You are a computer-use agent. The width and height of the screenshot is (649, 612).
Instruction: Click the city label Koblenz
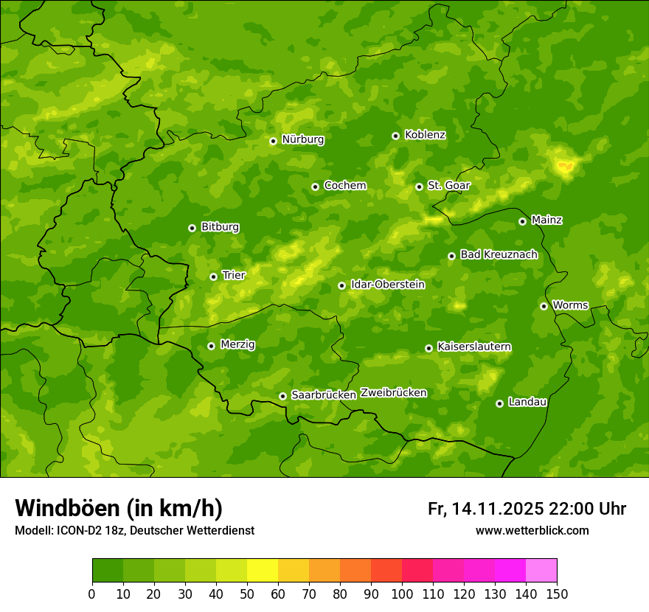point(425,135)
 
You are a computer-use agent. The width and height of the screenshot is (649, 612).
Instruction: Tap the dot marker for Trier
point(213,277)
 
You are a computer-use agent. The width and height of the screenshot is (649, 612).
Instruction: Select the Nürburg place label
point(302,139)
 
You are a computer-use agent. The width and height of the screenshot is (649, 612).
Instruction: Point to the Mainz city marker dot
point(522,221)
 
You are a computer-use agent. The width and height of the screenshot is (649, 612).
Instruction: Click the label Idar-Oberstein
point(387,284)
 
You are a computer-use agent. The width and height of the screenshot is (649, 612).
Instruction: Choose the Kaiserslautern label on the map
point(474,347)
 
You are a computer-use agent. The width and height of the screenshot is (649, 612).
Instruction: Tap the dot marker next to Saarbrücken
point(282,396)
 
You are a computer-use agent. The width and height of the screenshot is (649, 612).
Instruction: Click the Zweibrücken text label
point(393,393)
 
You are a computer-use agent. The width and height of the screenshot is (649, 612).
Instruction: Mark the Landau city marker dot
point(499,403)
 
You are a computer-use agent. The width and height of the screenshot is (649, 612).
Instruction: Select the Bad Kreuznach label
point(499,254)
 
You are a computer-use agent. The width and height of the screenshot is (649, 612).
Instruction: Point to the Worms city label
point(570,305)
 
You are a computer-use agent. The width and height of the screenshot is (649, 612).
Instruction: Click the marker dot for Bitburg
point(192,228)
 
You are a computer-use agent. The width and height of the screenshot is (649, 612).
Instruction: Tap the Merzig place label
point(237,344)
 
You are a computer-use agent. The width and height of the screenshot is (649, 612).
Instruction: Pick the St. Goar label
point(448,185)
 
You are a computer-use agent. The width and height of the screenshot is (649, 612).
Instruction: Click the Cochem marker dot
point(315,187)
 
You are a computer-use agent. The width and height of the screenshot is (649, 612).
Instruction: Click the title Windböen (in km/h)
point(118,508)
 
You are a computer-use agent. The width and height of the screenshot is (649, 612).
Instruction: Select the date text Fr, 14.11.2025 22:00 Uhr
point(527,509)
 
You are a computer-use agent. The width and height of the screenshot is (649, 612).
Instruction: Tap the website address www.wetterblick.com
point(532,530)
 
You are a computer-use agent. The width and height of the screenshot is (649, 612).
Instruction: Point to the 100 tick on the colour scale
point(402,594)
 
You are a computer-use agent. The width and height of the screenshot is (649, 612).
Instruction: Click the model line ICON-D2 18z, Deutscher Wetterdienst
point(134,530)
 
